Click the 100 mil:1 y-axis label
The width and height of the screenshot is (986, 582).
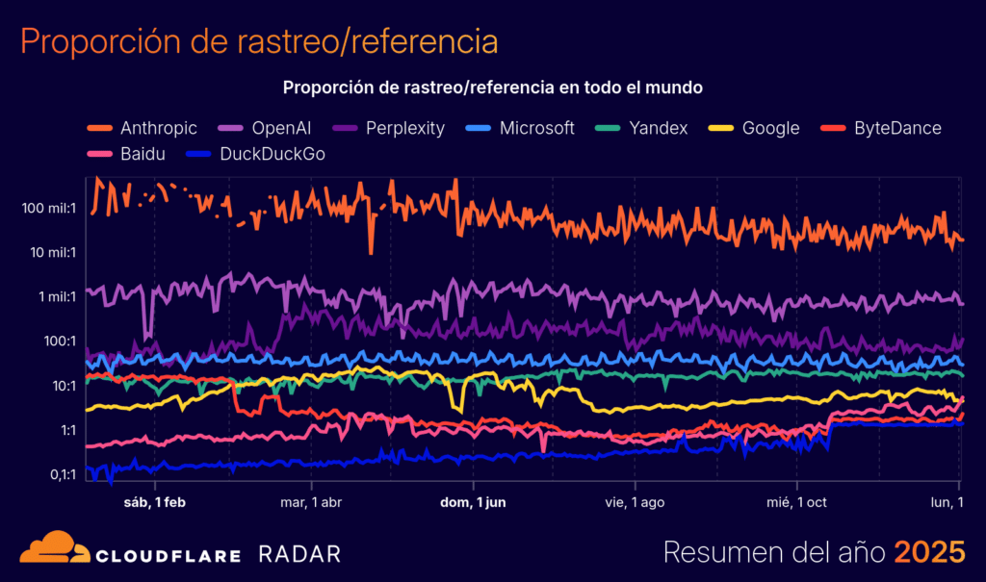tap(47, 208)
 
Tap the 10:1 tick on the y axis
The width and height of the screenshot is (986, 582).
tap(61, 385)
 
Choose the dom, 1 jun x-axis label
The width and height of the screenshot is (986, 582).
tap(473, 502)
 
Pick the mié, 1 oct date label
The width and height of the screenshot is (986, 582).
tap(795, 502)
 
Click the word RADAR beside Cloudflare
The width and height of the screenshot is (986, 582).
tap(299, 554)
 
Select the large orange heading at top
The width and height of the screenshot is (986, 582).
tap(259, 41)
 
